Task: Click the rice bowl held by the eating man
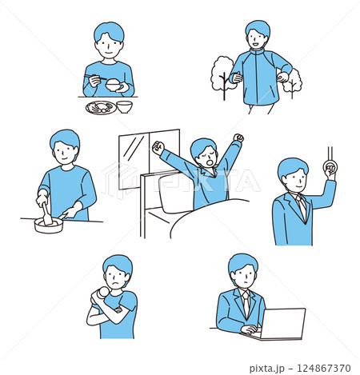pos(114,86)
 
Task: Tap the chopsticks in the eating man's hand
pos(95,78)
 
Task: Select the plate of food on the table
pos(101,108)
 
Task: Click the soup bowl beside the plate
pos(125,107)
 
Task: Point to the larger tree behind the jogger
pos(222,74)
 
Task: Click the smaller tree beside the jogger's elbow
pos(293,82)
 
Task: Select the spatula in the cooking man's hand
pos(46,214)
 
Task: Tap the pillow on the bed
pos(174,193)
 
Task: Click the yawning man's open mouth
pos(210,162)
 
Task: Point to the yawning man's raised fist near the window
pos(158,148)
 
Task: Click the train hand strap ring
pos(330,167)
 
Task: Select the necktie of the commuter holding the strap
pos(302,205)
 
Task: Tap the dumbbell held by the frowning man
pos(101,294)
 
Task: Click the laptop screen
pos(283,324)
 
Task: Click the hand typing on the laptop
pos(249,329)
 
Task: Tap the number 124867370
pos(324,368)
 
